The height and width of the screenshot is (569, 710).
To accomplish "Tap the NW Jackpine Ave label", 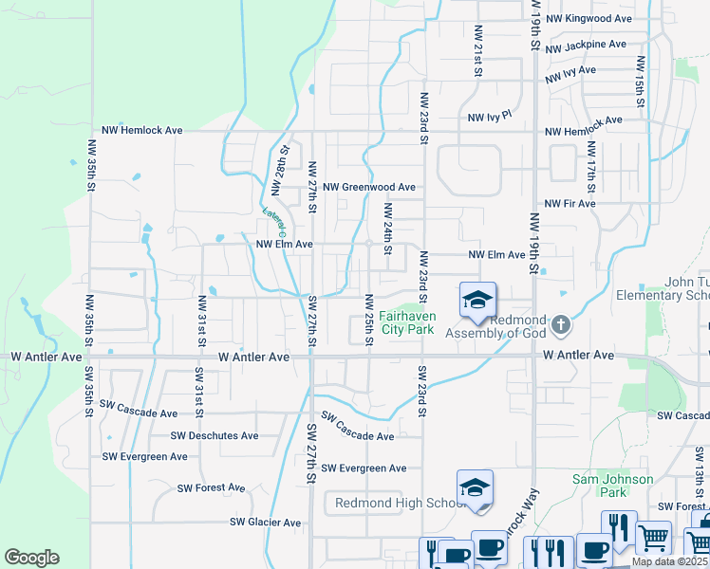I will point(587,45).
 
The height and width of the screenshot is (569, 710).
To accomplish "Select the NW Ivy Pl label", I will point(490,116).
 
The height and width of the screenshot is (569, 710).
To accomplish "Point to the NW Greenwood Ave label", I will point(369,188).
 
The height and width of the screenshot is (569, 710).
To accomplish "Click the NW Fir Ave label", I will point(570,203).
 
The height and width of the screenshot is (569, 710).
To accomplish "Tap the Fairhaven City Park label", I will point(406,322).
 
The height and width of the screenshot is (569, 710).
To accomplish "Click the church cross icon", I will point(561,325).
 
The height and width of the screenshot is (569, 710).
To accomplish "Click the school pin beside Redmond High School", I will point(475,489).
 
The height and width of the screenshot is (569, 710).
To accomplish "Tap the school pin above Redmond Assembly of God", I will point(477,301).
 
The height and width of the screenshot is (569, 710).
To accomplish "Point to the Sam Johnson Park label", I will point(612,486).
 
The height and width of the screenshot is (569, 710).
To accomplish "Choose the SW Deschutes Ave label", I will point(215,436).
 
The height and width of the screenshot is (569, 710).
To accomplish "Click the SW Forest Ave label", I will point(211,487).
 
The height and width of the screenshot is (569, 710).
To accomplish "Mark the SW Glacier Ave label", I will point(266,523).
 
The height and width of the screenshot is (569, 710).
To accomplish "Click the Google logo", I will point(31,558).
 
